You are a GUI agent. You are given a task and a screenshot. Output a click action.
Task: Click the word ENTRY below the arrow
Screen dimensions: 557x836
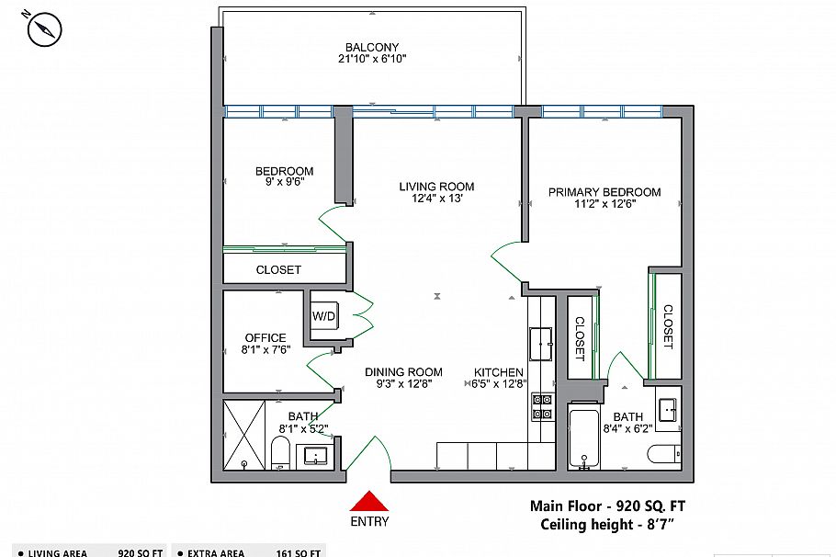[x=368, y=522]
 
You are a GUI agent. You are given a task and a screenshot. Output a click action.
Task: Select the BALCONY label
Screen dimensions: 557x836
[x=372, y=48]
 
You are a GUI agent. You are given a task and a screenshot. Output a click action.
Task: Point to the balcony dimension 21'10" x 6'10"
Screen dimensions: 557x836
[x=372, y=59]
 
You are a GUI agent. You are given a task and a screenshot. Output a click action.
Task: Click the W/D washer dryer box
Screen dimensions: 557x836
[x=324, y=317]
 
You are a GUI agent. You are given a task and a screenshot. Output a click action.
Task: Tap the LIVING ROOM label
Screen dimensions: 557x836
[x=436, y=187]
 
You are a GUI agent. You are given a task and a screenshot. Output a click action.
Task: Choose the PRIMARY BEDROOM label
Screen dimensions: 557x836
[x=604, y=192]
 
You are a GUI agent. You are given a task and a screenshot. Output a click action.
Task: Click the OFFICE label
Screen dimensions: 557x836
[x=265, y=337]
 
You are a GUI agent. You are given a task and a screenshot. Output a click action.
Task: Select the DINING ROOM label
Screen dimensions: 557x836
[x=403, y=372]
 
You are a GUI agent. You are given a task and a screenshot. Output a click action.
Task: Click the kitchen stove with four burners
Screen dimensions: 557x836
[x=541, y=406]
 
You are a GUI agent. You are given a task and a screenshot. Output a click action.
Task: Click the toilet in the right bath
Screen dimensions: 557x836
[x=663, y=454]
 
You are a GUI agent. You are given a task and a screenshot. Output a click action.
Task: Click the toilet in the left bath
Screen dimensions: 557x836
[x=281, y=453]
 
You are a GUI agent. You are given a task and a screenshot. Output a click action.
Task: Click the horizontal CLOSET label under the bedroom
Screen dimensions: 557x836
[x=278, y=270]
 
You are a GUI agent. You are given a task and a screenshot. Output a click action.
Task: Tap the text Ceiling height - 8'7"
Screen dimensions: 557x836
[x=607, y=525]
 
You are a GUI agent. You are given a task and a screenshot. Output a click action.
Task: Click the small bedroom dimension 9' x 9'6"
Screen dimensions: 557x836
[x=284, y=182]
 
